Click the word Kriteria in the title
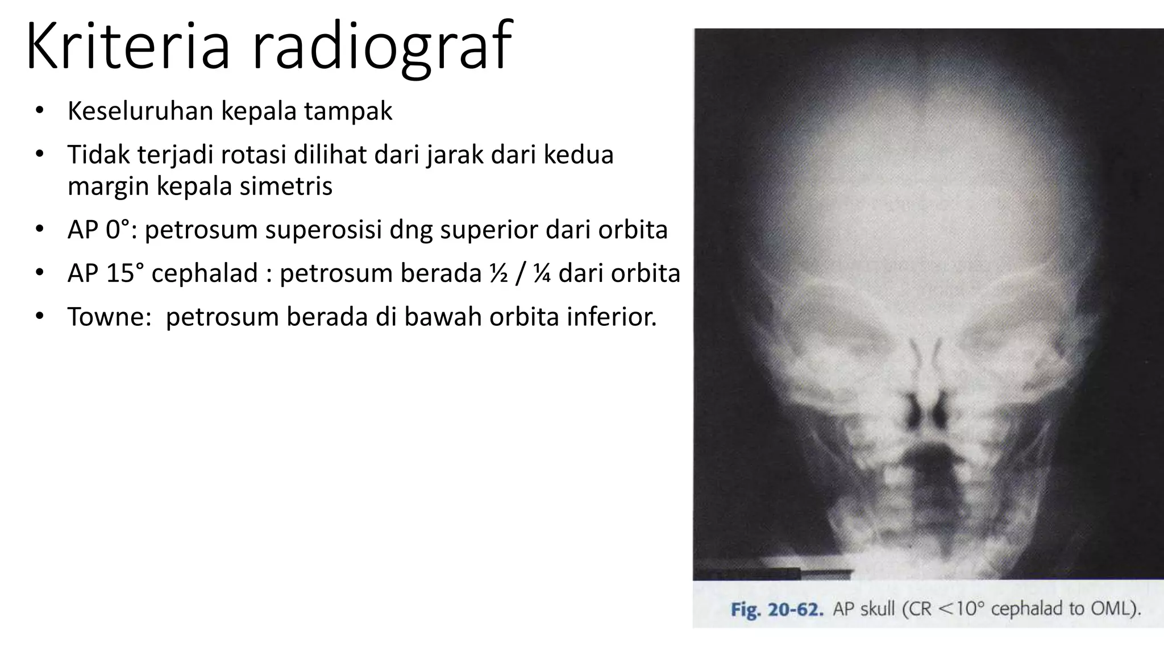[x=127, y=45]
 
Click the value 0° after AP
[x=118, y=230]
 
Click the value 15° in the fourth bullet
[x=124, y=273]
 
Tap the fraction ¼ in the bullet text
[x=541, y=273]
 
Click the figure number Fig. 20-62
[x=776, y=610]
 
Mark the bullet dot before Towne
[x=39, y=316]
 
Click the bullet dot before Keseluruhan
[x=39, y=111]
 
